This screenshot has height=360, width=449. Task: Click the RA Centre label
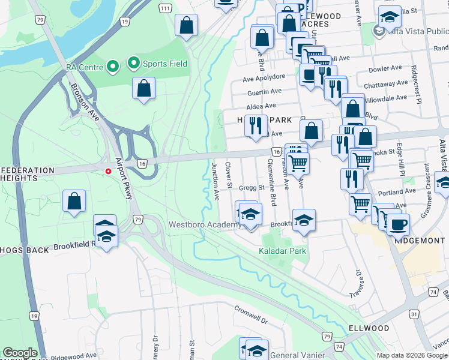[x=84, y=66]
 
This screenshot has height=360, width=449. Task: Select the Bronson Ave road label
[x=84, y=100]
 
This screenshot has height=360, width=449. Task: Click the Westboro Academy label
[x=205, y=225]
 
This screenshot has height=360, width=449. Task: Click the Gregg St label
[x=253, y=188]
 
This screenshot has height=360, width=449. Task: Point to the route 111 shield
[x=165, y=7]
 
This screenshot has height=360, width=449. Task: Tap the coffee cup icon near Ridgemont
[x=397, y=225]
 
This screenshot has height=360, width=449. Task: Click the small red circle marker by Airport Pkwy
[x=108, y=171]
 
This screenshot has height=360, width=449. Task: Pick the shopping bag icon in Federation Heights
[x=74, y=202]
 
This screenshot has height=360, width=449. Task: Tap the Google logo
[x=20, y=353]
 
